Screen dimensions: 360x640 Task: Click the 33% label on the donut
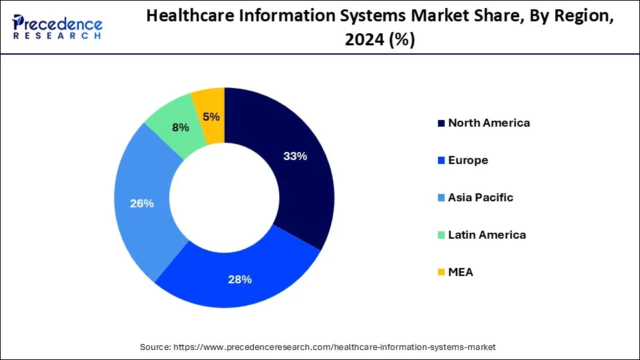295,157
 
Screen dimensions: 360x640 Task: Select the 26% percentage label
142,203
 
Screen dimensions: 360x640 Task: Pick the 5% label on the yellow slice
211,117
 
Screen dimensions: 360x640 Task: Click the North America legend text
489,123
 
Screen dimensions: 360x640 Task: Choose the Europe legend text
468,160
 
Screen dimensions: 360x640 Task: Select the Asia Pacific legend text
480,197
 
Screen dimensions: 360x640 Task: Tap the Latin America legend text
487,235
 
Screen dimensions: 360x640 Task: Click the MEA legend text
460,272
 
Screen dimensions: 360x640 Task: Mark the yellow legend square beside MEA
441,273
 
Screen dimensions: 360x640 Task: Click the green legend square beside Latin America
441,235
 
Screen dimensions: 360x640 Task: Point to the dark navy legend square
441,123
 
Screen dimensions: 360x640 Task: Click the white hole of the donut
224,198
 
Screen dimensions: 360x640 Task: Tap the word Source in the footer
155,347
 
